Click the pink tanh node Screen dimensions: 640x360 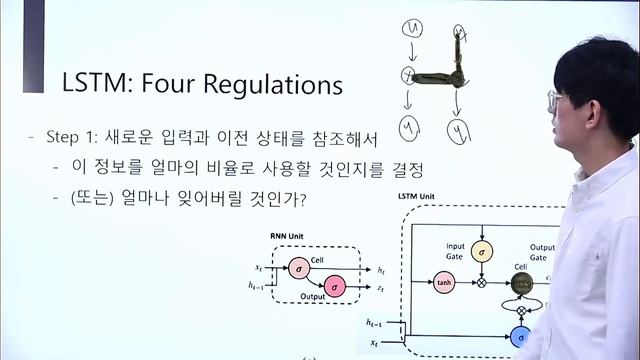445,282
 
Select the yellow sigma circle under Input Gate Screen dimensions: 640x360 481,252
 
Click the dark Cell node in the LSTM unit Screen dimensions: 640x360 520,282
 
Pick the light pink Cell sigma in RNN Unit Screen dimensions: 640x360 298,268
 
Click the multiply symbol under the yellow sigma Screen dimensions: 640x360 481,283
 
